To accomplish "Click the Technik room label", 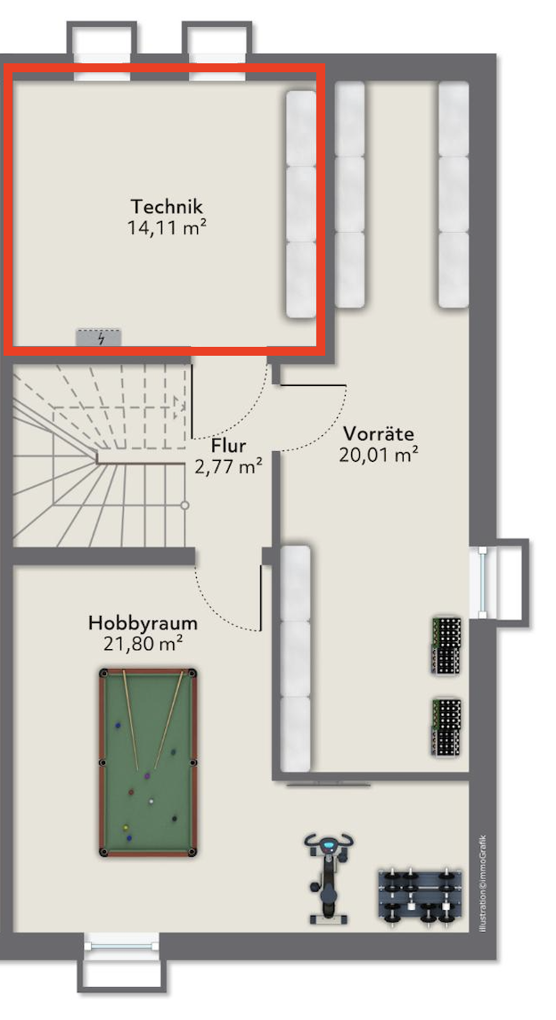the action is point(167,206).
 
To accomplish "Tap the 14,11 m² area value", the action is point(168,227).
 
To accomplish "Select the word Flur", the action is point(228,446).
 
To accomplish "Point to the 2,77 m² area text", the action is point(228,467).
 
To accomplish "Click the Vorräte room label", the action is point(379,433).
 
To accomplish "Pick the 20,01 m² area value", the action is point(379,454).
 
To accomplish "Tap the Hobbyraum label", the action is point(143,623).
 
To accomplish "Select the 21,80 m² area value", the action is point(143,644).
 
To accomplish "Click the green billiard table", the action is point(148,762).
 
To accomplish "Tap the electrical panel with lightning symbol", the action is point(99,338).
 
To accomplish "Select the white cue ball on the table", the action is point(151,801).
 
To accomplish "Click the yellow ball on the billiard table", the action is point(126,828).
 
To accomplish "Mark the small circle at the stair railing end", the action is point(184,506).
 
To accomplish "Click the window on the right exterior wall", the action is point(483,582).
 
